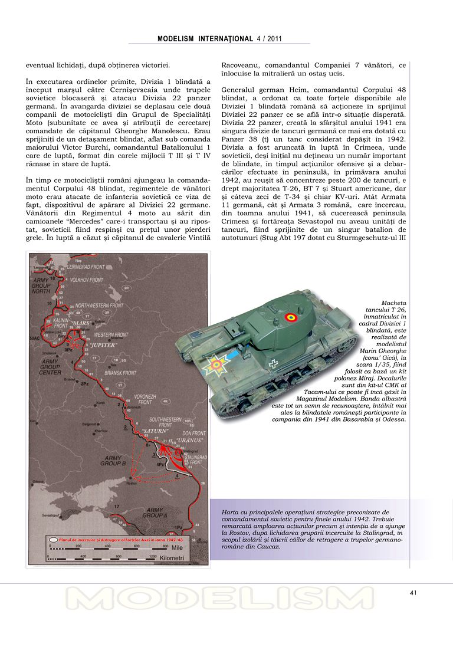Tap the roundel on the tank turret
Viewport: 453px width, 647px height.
click(x=289, y=318)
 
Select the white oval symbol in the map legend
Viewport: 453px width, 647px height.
click(x=54, y=539)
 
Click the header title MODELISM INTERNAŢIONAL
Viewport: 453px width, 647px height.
click(x=205, y=38)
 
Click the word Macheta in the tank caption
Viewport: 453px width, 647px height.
click(x=393, y=302)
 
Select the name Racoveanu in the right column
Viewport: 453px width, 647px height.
click(x=241, y=64)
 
